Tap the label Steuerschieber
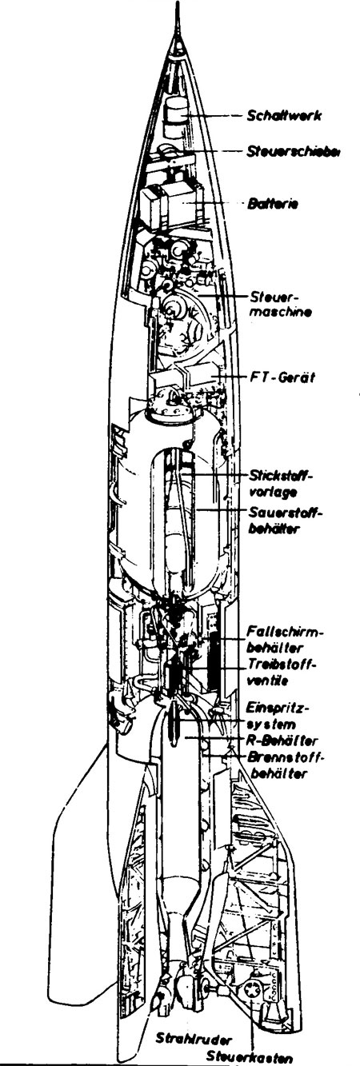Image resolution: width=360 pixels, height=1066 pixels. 294,152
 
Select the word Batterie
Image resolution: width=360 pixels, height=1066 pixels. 274,204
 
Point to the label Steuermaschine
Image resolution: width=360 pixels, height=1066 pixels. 281,305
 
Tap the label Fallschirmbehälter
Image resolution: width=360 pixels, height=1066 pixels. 285,640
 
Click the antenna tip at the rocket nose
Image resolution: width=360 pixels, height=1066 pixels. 179,4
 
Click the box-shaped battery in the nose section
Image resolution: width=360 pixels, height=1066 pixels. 169,204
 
